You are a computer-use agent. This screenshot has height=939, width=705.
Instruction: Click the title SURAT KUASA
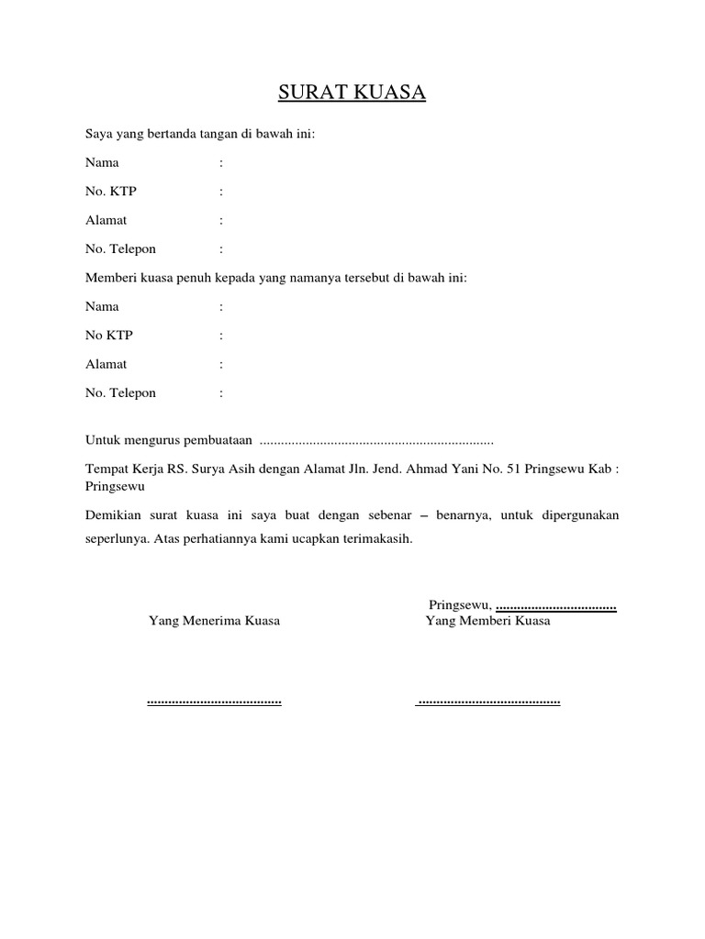(352, 94)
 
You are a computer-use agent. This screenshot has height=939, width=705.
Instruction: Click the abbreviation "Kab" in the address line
(599, 468)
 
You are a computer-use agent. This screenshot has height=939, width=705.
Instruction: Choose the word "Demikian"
(113, 515)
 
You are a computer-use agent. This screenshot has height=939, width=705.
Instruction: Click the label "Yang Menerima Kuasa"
(214, 621)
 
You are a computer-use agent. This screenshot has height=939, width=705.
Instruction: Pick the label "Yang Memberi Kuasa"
(487, 621)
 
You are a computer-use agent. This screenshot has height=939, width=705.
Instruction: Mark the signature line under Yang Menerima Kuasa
(214, 702)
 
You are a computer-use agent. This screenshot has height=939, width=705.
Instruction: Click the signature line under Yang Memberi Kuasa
(488, 702)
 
